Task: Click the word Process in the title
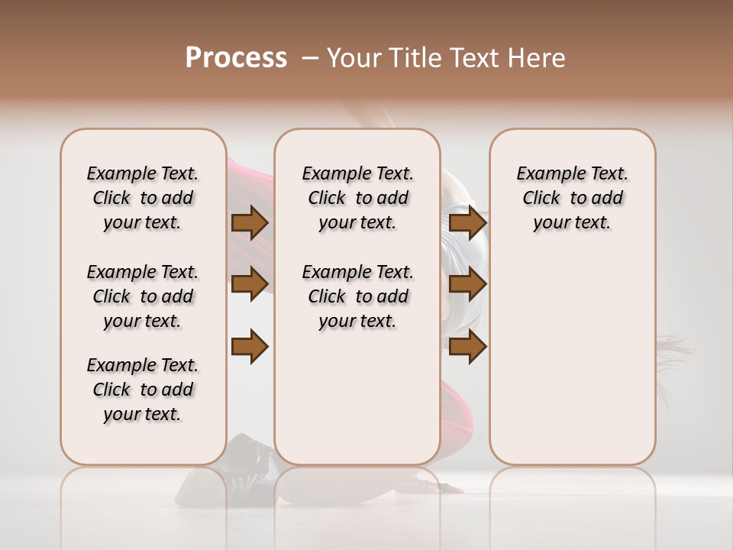tap(236, 58)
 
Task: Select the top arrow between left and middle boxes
tap(250, 222)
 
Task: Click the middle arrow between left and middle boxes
tap(250, 284)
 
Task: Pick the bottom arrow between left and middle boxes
tap(250, 347)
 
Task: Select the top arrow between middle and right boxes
tap(467, 222)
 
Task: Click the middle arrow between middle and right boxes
tap(467, 284)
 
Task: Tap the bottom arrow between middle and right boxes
tap(467, 347)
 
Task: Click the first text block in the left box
tap(143, 198)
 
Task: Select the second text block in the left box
tap(143, 296)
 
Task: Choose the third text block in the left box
tap(143, 390)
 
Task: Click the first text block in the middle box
tap(357, 198)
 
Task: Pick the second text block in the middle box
tap(357, 296)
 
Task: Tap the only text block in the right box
tap(572, 198)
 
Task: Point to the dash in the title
tap(310, 58)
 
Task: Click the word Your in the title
tap(354, 58)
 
